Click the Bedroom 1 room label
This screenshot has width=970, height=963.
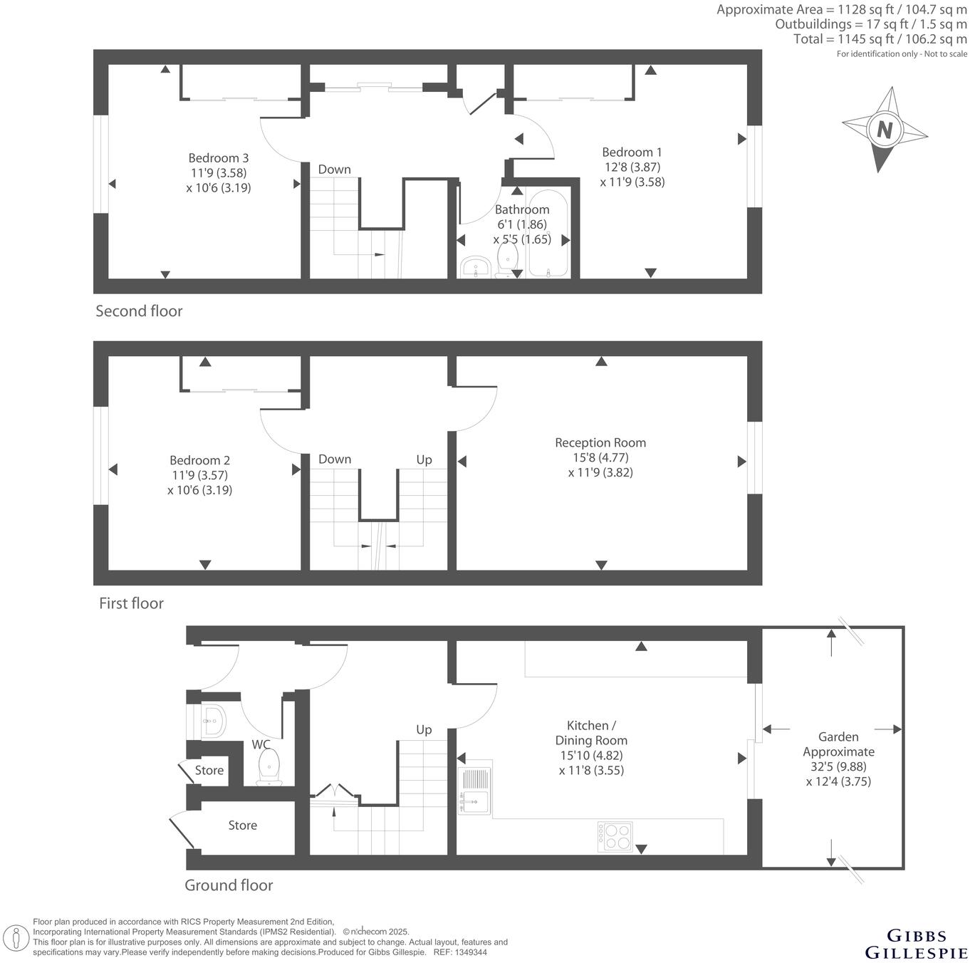(x=632, y=152)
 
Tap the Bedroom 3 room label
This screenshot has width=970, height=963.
(x=218, y=157)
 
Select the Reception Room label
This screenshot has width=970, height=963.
(x=600, y=442)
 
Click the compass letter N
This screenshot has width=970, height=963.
(x=885, y=130)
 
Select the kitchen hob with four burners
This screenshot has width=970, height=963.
(x=615, y=837)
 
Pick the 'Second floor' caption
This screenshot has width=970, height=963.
(x=139, y=311)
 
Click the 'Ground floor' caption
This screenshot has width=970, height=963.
(x=229, y=885)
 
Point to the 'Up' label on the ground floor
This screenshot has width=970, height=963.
(x=424, y=729)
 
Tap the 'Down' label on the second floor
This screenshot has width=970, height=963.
(x=334, y=169)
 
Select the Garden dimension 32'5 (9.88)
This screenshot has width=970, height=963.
(x=838, y=766)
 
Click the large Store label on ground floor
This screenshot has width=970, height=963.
(x=242, y=826)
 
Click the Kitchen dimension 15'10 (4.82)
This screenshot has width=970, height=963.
(x=591, y=755)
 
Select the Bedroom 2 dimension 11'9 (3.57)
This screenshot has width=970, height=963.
(x=199, y=475)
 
